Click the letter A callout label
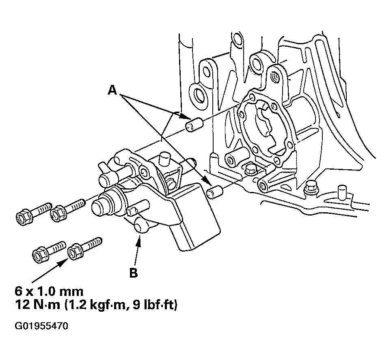[x=112, y=90]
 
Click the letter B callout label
[x=134, y=273]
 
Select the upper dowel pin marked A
[x=194, y=124]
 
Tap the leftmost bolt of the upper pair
[x=33, y=213]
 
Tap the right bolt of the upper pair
[x=68, y=209]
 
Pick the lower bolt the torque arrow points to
[x=85, y=248]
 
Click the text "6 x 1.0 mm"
[x=49, y=291]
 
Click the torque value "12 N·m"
[x=37, y=305]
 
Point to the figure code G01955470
[x=41, y=326]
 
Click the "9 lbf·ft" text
[x=155, y=305]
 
